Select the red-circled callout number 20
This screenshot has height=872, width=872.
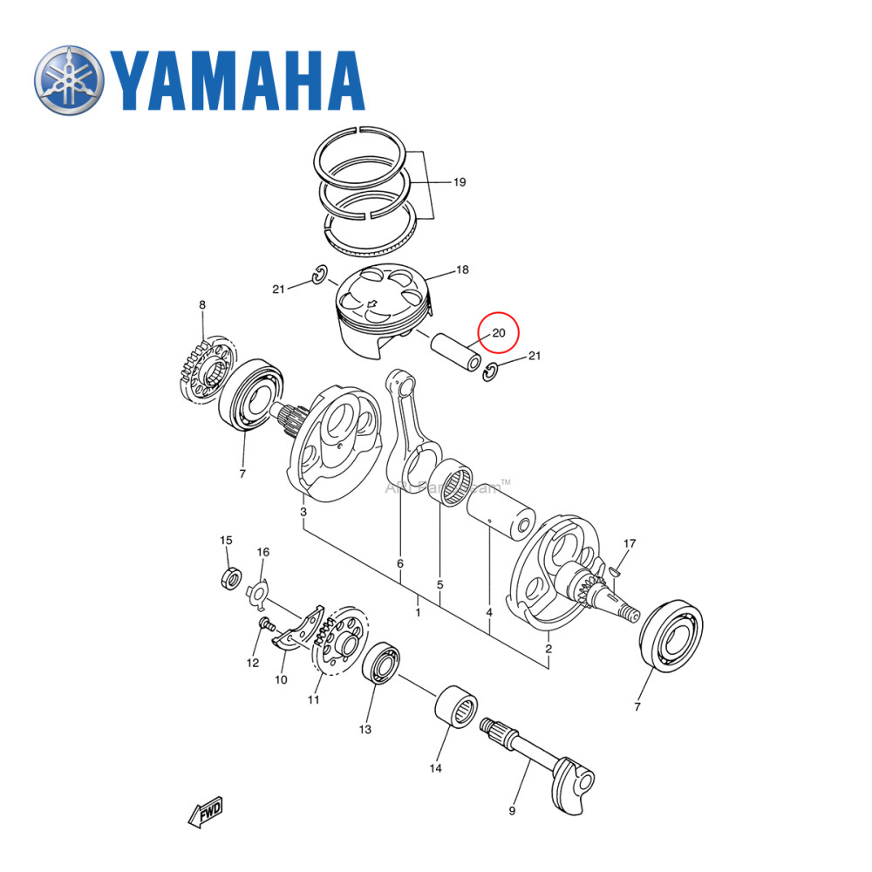tap(499, 333)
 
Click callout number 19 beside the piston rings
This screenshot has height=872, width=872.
tap(459, 182)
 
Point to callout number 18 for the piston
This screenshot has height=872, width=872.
tap(463, 271)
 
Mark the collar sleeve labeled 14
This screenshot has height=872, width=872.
tap(459, 707)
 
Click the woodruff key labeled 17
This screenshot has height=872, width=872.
tap(615, 571)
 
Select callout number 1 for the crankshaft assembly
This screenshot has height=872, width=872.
tap(418, 613)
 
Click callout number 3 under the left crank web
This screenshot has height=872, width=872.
tap(303, 511)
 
